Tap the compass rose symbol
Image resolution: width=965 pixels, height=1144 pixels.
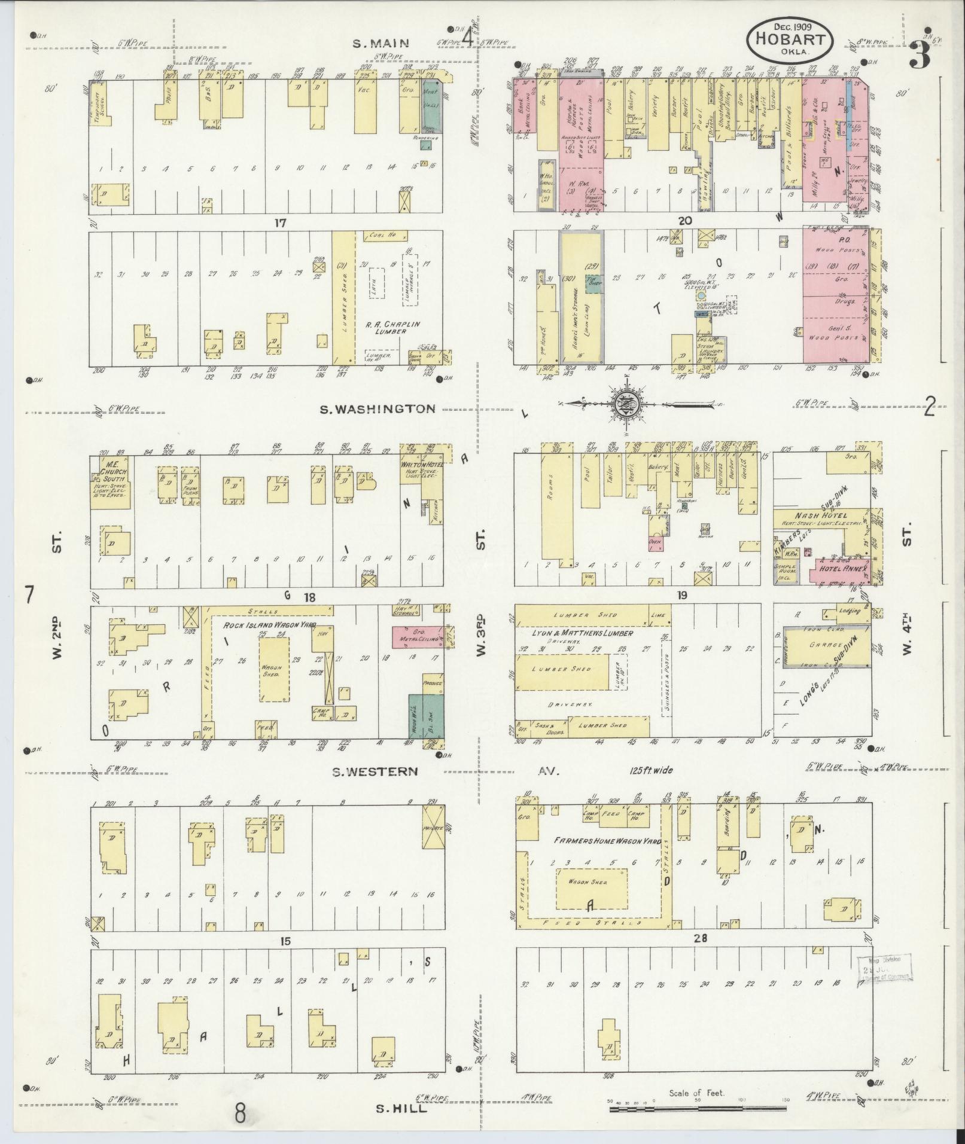pos(626,405)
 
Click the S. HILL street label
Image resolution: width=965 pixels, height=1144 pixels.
pos(401,1109)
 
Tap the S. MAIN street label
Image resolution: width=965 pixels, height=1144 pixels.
pos(380,42)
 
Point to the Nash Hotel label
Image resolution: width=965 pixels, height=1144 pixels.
pos(820,516)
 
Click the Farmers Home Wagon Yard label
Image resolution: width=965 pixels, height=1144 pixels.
pos(607,841)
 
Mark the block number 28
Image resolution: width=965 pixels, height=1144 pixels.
pos(701,939)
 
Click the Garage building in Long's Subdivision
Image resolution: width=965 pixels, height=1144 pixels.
pos(824,645)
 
